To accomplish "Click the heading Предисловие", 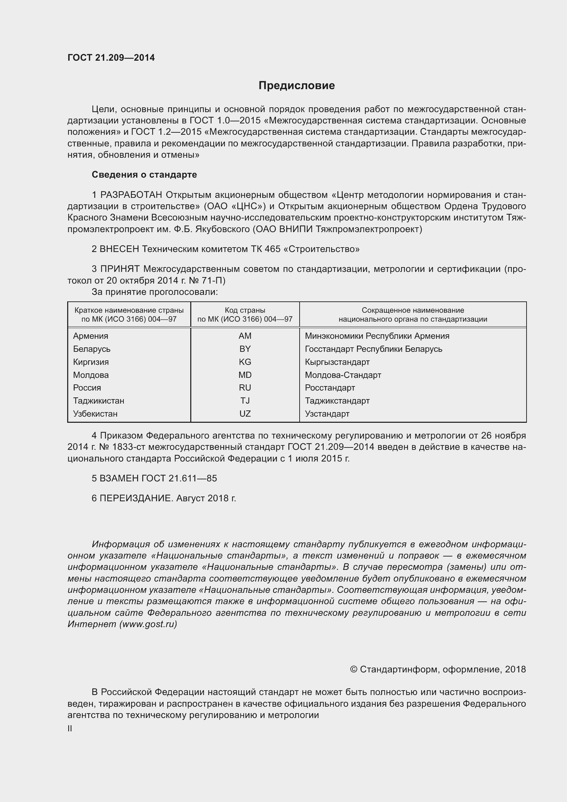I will coord(297,86).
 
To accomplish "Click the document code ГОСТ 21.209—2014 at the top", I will coord(111,58).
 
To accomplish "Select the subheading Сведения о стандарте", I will coord(144,175).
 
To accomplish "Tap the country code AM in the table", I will coord(245,336).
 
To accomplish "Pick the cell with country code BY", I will coord(245,349).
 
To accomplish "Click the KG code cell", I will coord(245,362).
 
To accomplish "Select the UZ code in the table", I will coord(245,414).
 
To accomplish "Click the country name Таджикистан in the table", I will coord(98,401).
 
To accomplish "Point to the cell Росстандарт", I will coord(329,388).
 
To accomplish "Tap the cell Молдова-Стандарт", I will coord(343,375).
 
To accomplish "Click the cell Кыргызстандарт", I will coord(337,362).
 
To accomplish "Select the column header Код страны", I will coord(245,310).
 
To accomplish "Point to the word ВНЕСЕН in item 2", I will coord(119,249).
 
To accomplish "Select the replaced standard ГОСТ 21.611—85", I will coord(179,479).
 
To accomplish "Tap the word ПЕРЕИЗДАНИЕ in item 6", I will coord(136,499).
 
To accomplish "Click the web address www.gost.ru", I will coord(148,624).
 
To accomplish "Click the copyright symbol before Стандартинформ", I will coord(353,669).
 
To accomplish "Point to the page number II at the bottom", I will coord(70,729).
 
